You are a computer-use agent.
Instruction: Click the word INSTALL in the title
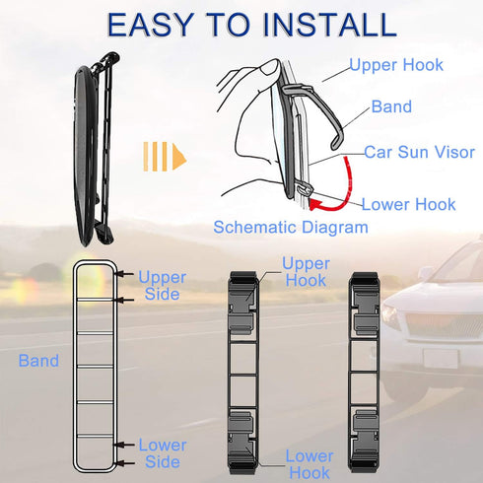pyautogui.click(x=329, y=25)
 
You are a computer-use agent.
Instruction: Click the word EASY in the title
pyautogui.click(x=150, y=25)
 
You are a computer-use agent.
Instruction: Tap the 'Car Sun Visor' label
pyautogui.click(x=420, y=152)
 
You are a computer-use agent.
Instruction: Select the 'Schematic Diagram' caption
pyautogui.click(x=291, y=228)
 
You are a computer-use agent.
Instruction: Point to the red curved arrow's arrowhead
pyautogui.click(x=314, y=204)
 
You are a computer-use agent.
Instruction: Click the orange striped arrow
pyautogui.click(x=165, y=157)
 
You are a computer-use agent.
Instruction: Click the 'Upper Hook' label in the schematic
pyautogui.click(x=396, y=65)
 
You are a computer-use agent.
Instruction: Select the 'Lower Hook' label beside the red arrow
pyautogui.click(x=408, y=204)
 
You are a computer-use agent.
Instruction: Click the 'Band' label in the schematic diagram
pyautogui.click(x=391, y=106)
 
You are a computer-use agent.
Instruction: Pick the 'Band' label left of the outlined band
pyautogui.click(x=38, y=361)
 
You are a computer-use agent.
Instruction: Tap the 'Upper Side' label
pyautogui.click(x=162, y=285)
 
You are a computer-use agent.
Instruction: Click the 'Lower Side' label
pyautogui.click(x=163, y=453)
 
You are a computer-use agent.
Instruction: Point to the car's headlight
pyautogui.click(x=390, y=316)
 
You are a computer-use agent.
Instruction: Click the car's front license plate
pyautogui.click(x=441, y=359)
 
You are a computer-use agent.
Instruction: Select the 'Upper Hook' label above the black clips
pyautogui.click(x=306, y=272)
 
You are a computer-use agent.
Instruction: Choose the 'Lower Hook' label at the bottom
pyautogui.click(x=310, y=464)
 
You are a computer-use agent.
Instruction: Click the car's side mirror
pyautogui.click(x=426, y=273)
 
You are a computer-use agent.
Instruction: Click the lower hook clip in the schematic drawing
pyautogui.click(x=305, y=190)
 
